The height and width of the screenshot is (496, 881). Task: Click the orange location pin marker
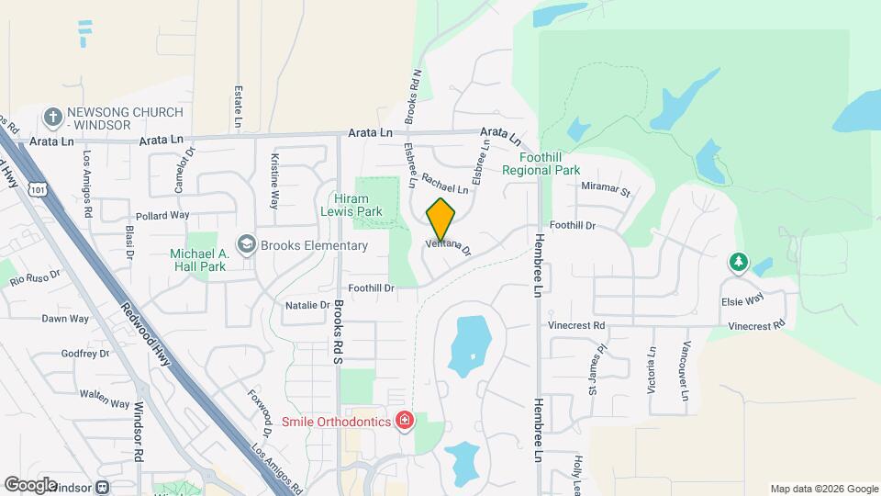pos(440,219)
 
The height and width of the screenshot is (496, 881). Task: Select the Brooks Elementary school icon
pos(246,244)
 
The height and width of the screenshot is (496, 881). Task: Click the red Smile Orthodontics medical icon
pos(404,421)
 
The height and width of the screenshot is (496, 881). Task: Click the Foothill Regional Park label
pos(541,163)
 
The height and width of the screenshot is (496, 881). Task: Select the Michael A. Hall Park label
pos(197,260)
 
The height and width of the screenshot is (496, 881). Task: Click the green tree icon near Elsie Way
pos(739,263)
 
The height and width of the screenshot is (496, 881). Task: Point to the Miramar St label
pos(607,191)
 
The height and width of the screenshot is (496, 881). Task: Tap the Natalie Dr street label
pos(307,305)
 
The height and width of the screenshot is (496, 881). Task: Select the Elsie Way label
pos(742,299)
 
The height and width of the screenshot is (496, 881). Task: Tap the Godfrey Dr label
pos(84,354)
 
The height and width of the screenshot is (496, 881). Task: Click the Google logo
pos(30,485)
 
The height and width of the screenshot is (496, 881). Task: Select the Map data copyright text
pos(824,489)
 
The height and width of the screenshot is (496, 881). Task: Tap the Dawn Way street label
pos(65,319)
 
